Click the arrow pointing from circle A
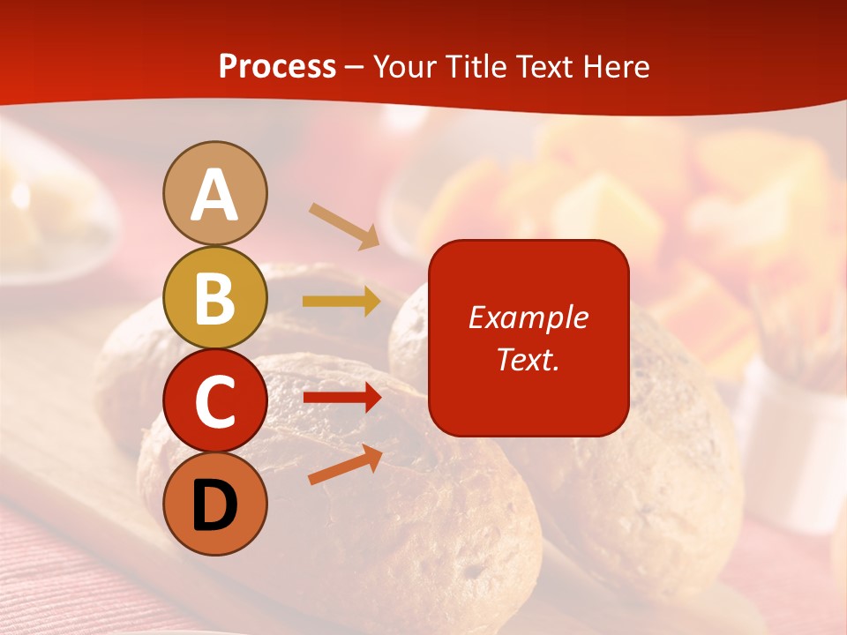(x=344, y=225)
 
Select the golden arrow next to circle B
(x=341, y=302)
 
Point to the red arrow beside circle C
(x=341, y=398)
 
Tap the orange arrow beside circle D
(x=345, y=465)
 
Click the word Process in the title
(x=277, y=66)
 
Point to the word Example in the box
(x=528, y=317)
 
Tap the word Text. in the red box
(x=528, y=359)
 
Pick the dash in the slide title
(x=355, y=67)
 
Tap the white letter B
(x=214, y=298)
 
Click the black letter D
(x=214, y=507)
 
